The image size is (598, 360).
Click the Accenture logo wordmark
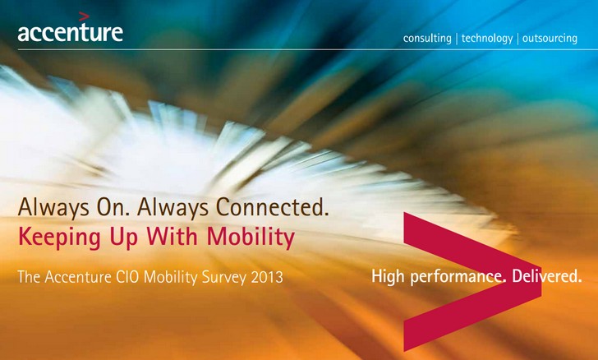pos(70,32)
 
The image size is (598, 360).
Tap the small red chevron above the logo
pos(84,16)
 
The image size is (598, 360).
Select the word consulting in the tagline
pos(427,38)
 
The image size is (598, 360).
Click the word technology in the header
pos(487,38)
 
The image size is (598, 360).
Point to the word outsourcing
pos(550,38)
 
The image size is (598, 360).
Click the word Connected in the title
pos(273,207)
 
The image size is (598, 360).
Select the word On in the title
pos(113,207)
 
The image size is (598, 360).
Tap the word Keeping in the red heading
pos(59,237)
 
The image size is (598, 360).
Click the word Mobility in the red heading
pos(251,237)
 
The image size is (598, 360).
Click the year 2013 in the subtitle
pos(267,277)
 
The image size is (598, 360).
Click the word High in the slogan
pos(388,276)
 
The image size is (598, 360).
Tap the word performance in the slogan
pos(458,276)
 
